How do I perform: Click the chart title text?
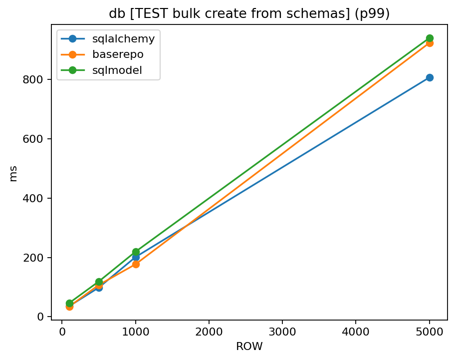point(249,14)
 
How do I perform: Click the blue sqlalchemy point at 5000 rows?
point(429,77)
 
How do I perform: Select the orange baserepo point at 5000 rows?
point(429,43)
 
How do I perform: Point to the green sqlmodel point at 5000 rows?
point(429,38)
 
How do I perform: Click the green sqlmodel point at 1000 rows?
point(136,252)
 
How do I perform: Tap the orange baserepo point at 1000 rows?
point(136,264)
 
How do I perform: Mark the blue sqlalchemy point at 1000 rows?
point(136,257)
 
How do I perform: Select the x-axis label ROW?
point(249,347)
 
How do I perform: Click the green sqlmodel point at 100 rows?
point(69,303)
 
